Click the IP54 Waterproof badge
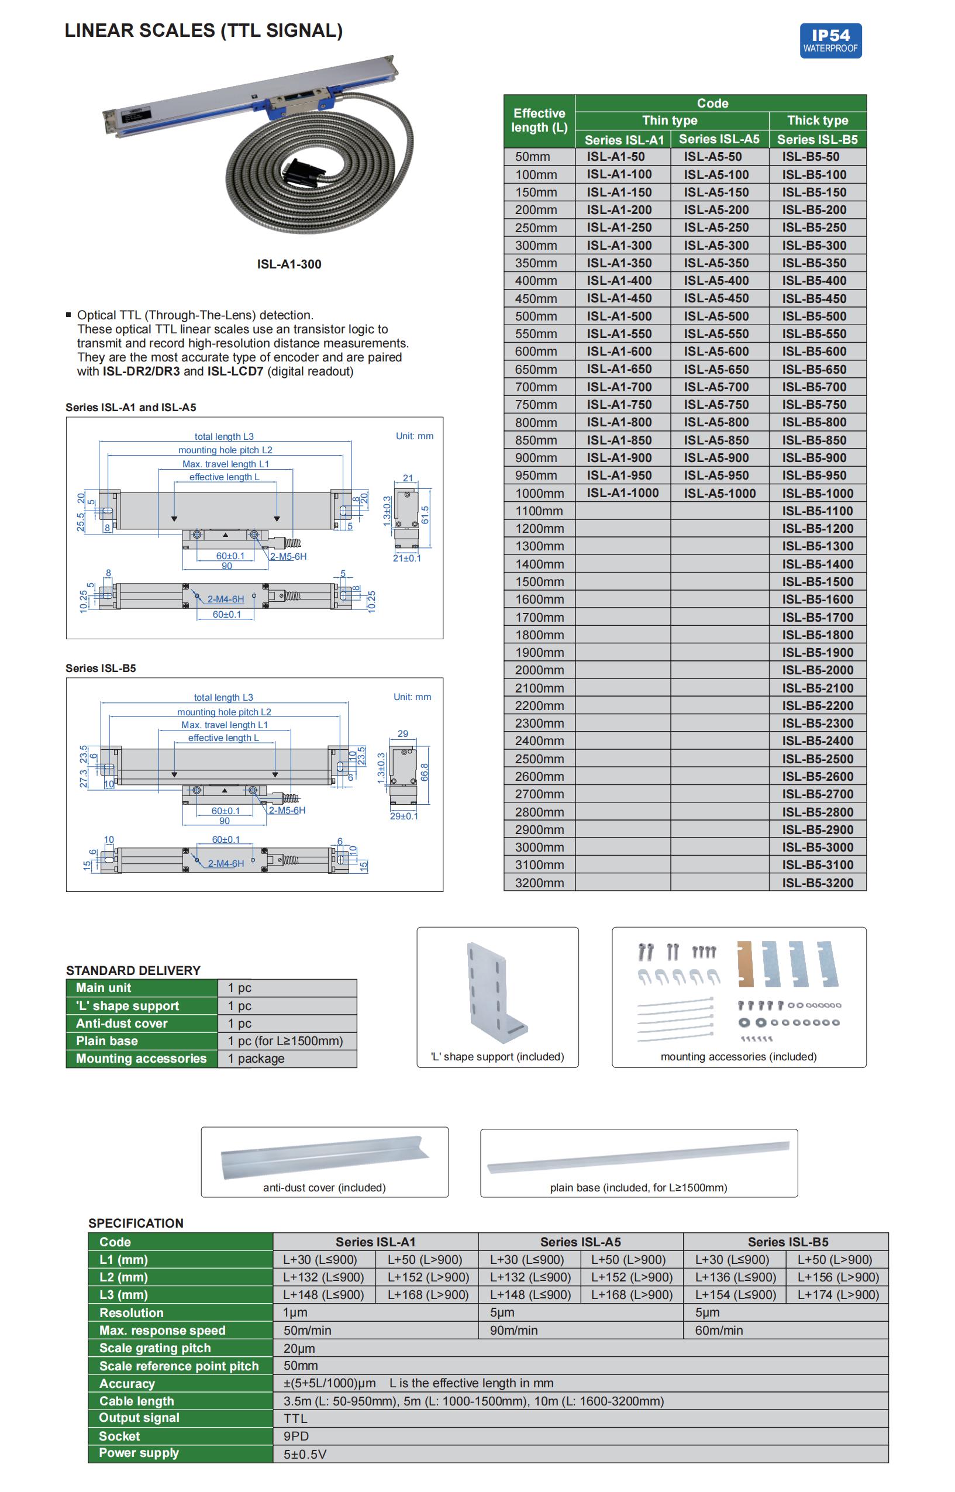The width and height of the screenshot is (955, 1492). click(x=830, y=41)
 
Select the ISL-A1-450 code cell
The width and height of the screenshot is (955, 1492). click(x=619, y=298)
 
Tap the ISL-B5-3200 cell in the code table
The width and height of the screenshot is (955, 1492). click(x=818, y=883)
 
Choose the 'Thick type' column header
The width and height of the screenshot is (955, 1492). click(x=818, y=120)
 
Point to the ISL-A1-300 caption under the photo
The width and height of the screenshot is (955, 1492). click(x=289, y=264)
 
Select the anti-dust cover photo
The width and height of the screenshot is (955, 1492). click(x=324, y=1158)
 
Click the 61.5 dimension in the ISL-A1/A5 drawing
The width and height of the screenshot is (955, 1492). click(x=425, y=515)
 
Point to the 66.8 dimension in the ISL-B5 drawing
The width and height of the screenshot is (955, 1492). click(x=425, y=772)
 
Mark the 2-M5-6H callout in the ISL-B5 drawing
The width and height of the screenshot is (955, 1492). click(x=287, y=811)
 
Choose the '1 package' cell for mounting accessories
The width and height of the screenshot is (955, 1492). click(x=256, y=1059)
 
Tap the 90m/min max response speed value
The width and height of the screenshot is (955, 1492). click(x=513, y=1330)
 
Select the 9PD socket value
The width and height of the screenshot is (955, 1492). click(x=296, y=1436)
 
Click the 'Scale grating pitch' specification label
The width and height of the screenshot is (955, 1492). click(x=155, y=1348)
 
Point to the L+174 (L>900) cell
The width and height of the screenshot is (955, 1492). click(x=838, y=1295)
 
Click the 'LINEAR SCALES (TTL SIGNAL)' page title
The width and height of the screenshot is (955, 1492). click(x=204, y=30)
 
